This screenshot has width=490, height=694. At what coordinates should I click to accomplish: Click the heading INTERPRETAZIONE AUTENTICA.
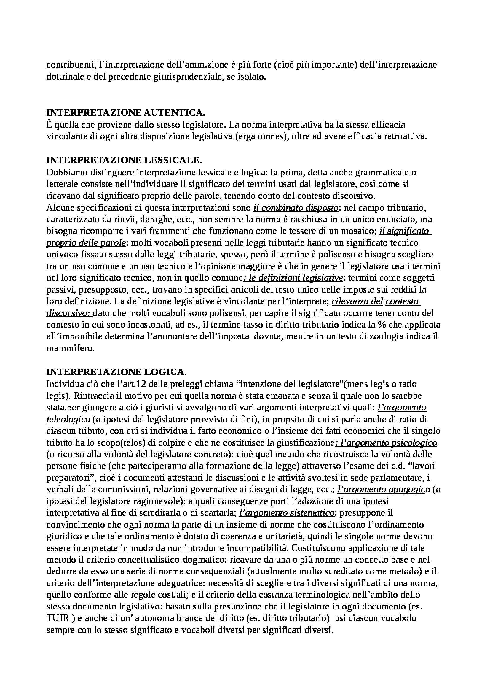(126, 113)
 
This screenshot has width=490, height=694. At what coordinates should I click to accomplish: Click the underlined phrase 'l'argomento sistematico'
(287, 513)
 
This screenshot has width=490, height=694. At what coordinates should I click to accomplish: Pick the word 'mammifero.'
(71, 348)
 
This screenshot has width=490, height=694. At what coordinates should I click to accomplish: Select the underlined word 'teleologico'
(68, 420)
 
